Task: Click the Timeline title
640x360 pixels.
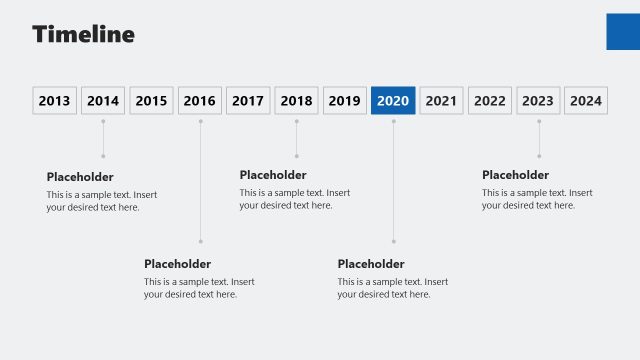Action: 83,34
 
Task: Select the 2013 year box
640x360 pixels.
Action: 54,101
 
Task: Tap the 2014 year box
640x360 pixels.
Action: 103,101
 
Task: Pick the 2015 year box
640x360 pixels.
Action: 151,101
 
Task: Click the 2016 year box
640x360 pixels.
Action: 200,101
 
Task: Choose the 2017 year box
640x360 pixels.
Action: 248,101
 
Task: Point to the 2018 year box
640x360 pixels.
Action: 296,101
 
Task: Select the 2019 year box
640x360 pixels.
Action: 345,101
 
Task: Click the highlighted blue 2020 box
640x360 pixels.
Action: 393,101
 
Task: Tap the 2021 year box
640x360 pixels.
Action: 441,101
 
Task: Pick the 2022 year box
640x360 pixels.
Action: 490,101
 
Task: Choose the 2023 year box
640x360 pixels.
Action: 538,101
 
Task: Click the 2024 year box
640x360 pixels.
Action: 586,101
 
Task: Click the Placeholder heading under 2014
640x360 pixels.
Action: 80,177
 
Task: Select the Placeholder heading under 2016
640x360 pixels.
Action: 177,264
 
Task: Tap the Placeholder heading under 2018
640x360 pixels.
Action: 273,175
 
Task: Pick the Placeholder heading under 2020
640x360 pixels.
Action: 371,264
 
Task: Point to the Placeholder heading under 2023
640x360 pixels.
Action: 515,175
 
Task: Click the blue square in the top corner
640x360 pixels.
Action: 623,31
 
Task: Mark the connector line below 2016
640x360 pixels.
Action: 200,180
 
